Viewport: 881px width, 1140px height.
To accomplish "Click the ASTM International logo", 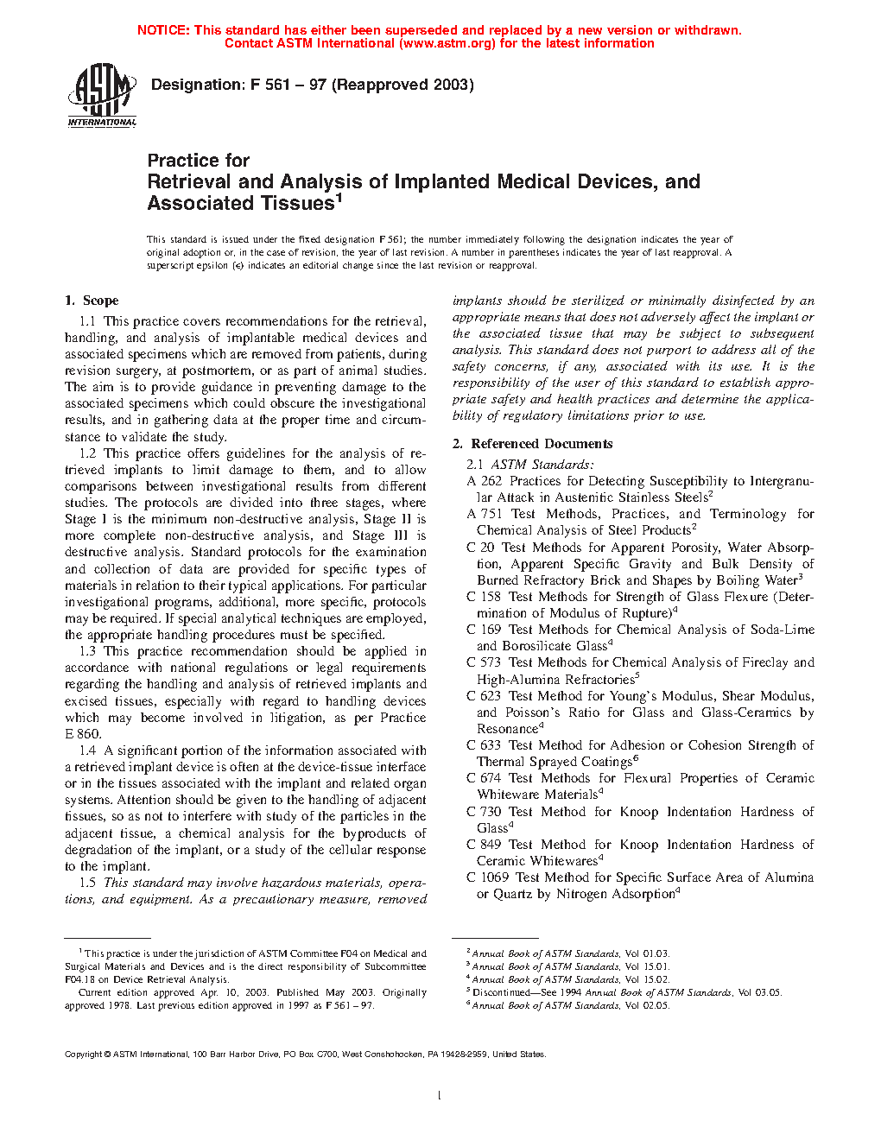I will [x=101, y=95].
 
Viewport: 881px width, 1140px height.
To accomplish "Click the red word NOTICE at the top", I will [x=163, y=30].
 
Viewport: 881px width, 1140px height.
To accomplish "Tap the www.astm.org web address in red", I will [x=448, y=43].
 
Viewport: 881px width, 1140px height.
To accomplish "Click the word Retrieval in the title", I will [x=189, y=182].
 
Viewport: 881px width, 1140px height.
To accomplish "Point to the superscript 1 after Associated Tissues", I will [x=339, y=198].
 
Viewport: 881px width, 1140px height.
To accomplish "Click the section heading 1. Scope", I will [x=92, y=301].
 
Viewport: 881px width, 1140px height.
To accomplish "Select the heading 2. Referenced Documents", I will [x=533, y=444].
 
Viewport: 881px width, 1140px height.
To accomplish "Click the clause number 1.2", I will [x=87, y=453].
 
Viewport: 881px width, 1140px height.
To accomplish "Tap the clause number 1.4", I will [x=87, y=750].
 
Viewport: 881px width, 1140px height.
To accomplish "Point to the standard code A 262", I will [x=484, y=481].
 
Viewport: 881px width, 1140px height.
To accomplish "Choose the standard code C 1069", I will [x=488, y=877].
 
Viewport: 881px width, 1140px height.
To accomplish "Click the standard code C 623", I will [x=484, y=696].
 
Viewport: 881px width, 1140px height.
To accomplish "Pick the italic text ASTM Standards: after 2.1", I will [x=542, y=465].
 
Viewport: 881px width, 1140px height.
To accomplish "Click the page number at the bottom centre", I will [x=440, y=1096].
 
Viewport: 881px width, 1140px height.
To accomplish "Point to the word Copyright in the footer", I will [x=84, y=1054].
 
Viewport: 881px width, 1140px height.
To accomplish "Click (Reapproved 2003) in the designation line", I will [x=402, y=85].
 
